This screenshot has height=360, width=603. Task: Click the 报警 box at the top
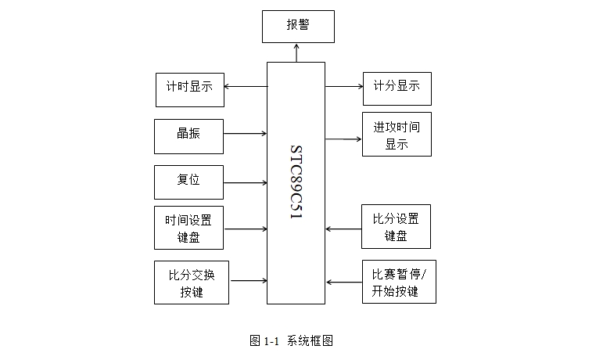[x=297, y=26]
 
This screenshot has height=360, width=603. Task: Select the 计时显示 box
[x=189, y=89]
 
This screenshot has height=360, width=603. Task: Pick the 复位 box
[x=188, y=182]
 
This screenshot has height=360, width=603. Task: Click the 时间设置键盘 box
[x=188, y=228]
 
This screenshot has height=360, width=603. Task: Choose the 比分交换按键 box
[x=192, y=283]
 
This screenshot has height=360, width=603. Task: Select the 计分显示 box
[x=397, y=88]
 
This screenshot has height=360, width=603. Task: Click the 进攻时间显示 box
[x=397, y=135]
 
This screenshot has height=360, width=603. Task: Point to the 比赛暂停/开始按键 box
[x=399, y=282]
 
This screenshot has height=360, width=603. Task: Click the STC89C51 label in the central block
[x=296, y=182]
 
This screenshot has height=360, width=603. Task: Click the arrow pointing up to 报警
[x=296, y=52]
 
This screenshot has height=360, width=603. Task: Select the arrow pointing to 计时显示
[x=246, y=86]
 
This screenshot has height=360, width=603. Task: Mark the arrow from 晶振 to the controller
[x=245, y=134]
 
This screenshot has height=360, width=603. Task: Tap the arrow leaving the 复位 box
[x=245, y=184]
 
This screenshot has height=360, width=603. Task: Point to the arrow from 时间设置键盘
[x=245, y=229]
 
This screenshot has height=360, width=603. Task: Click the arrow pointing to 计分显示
[x=343, y=86]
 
